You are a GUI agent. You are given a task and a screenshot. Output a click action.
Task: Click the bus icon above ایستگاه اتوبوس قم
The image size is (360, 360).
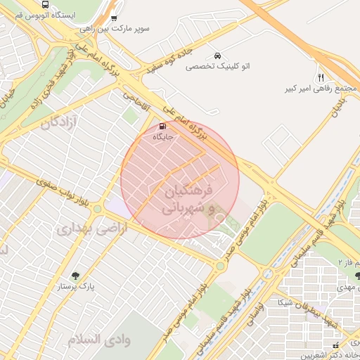click(x=46, y=4)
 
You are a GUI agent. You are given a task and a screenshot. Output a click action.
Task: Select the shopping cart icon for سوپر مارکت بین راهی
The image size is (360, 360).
click(x=115, y=19)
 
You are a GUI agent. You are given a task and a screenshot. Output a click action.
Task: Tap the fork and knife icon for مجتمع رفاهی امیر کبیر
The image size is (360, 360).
click(x=321, y=77)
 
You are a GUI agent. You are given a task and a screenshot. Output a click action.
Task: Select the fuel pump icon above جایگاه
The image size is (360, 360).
click(x=163, y=127)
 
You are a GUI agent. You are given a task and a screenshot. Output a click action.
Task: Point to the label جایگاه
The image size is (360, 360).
click(x=163, y=137)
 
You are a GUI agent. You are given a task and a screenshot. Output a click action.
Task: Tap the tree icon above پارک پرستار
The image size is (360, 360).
click(x=75, y=275)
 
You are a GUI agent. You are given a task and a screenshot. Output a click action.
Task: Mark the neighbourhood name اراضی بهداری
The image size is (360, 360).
click(x=91, y=229)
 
